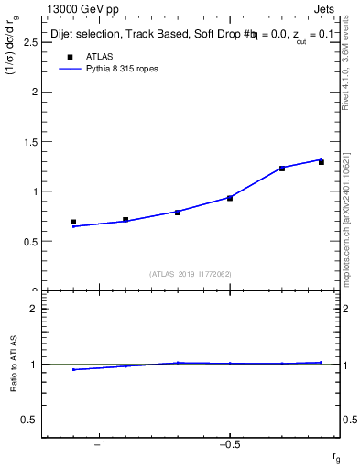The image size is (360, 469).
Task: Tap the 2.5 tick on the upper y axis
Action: coord(30,42)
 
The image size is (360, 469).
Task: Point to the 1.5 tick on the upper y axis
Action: coord(30,142)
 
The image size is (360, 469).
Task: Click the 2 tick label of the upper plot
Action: coord(34,93)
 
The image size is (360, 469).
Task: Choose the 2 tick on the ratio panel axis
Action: coord(34,309)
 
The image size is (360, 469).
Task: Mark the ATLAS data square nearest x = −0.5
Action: coord(230,198)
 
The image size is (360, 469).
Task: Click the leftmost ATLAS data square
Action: coord(73,222)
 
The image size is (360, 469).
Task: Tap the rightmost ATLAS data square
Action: coord(322,161)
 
